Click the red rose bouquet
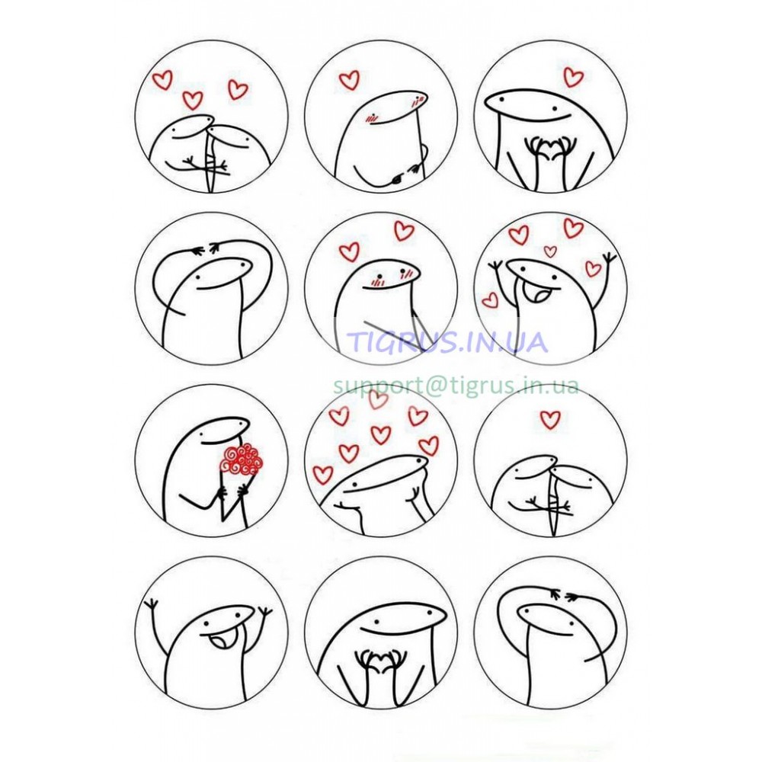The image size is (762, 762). (x=241, y=459)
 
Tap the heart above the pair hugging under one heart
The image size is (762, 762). (x=550, y=419)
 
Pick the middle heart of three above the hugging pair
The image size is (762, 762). (x=193, y=100)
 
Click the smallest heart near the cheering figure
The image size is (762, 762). (x=550, y=251)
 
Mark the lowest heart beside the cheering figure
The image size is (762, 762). (x=490, y=299)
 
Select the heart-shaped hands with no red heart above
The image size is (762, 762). (x=379, y=662)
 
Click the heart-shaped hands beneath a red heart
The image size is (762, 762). (x=551, y=148)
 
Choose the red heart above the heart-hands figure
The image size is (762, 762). (x=574, y=77)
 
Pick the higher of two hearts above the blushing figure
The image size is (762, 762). (x=404, y=231)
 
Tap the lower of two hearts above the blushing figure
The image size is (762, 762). (x=349, y=252)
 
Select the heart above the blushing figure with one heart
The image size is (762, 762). (x=349, y=80)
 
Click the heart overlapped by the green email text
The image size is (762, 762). (x=378, y=399)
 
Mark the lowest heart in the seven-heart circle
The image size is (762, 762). (x=322, y=474)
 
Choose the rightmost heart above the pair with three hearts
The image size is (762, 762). (x=238, y=90)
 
